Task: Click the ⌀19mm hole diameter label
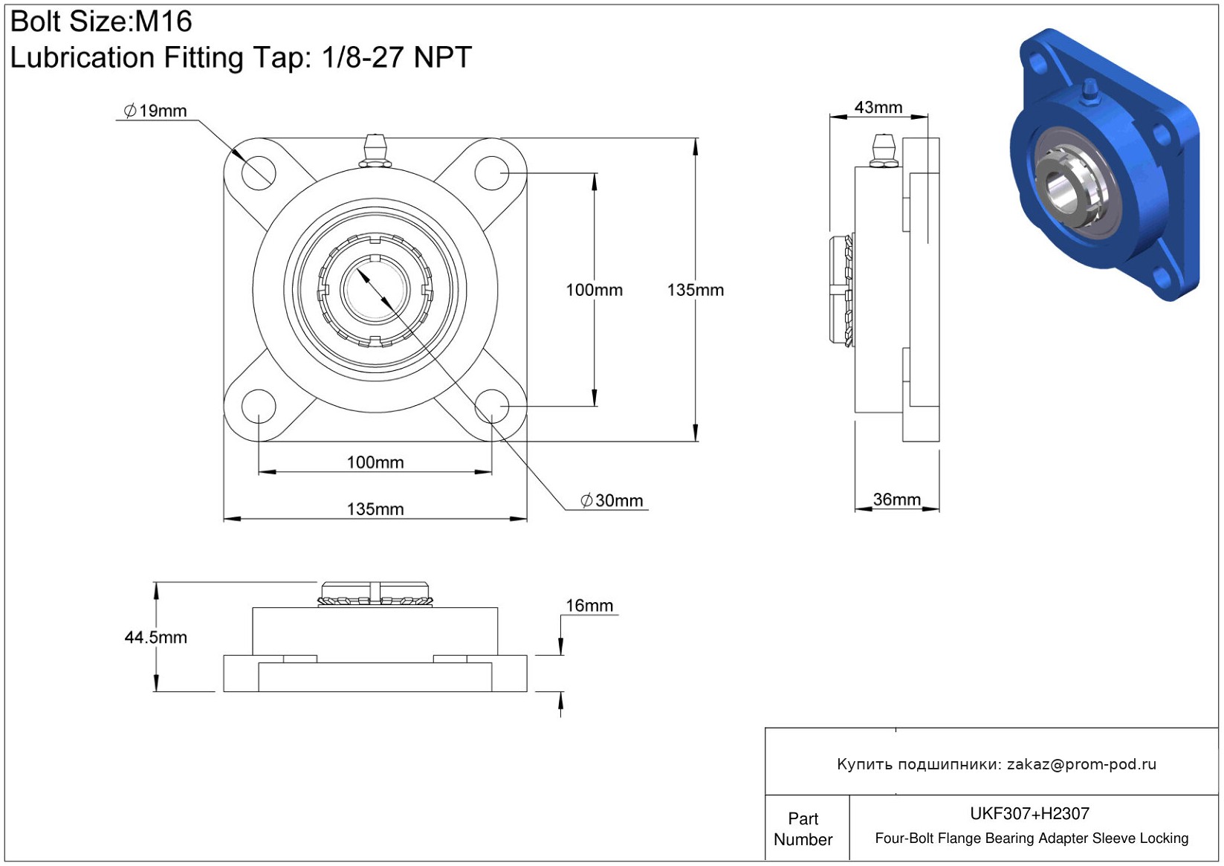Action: [x=155, y=111]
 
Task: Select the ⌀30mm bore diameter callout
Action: [x=612, y=500]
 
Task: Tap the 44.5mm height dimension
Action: [x=156, y=637]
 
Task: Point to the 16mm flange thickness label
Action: [x=589, y=605]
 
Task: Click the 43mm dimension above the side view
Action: [x=878, y=107]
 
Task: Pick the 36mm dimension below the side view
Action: [x=897, y=499]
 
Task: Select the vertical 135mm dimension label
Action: [x=695, y=290]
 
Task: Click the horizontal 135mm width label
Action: [x=375, y=509]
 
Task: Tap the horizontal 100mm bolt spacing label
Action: [x=375, y=462]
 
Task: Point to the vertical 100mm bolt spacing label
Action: [x=594, y=290]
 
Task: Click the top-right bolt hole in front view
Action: [x=492, y=173]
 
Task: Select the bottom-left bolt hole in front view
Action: [x=259, y=407]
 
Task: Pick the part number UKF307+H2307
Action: [x=1029, y=813]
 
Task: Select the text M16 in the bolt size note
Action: [x=163, y=22]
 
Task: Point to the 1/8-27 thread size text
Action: [x=364, y=56]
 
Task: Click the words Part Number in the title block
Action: [x=803, y=829]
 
